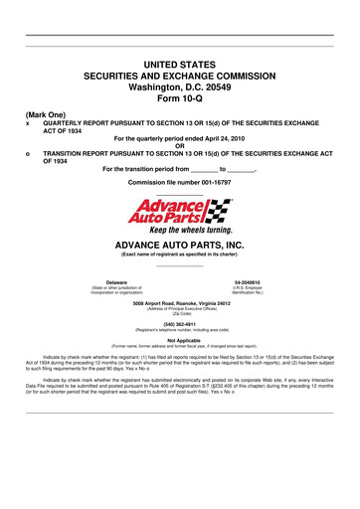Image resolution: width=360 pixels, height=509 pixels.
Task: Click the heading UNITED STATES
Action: [x=179, y=64]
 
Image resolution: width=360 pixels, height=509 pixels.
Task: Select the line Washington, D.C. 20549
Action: [x=179, y=86]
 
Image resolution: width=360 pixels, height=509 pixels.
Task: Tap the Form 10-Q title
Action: [x=179, y=98]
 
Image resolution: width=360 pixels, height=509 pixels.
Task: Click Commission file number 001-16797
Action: [x=179, y=184]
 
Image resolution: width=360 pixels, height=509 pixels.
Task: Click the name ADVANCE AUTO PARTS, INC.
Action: [x=179, y=244]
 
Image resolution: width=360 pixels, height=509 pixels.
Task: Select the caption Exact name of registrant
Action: [x=179, y=253]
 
